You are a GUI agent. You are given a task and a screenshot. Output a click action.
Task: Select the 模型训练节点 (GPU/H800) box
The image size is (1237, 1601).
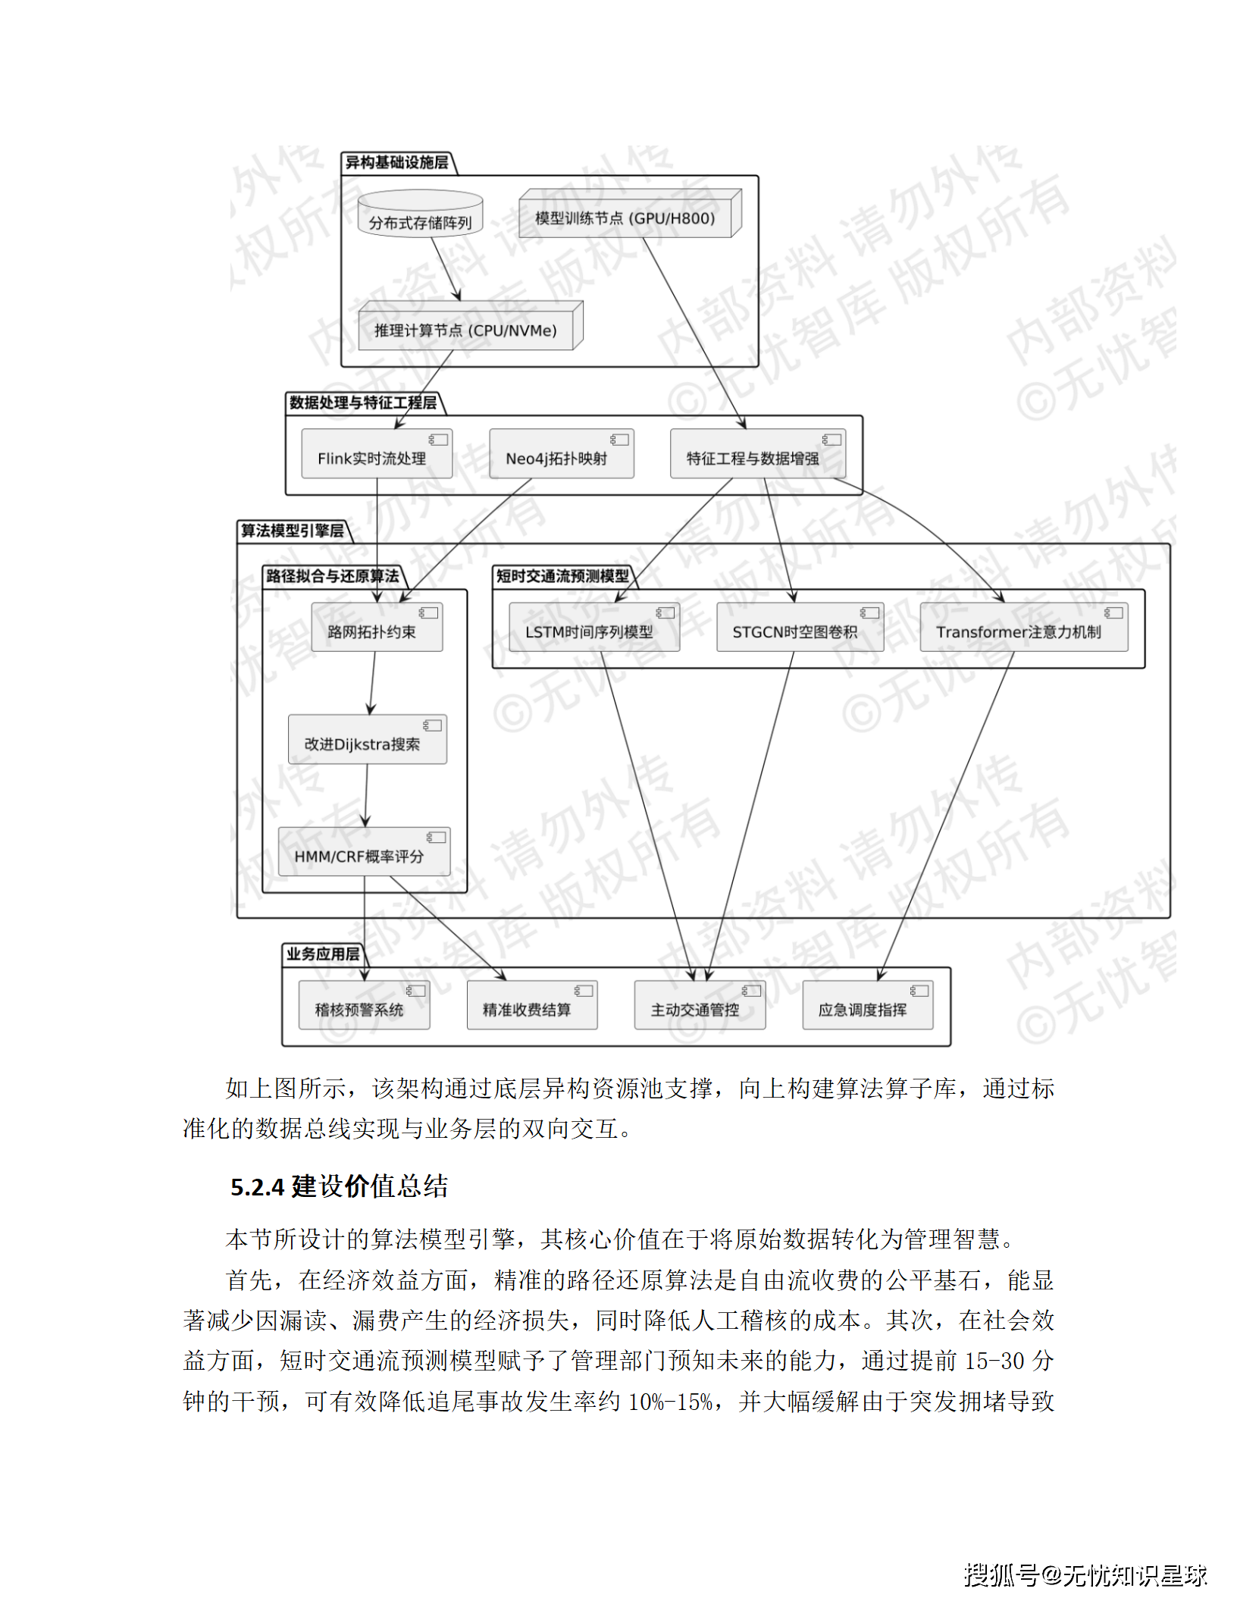pyautogui.click(x=626, y=218)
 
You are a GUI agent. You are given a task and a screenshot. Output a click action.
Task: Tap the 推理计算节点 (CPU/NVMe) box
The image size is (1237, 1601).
pyautogui.click(x=466, y=330)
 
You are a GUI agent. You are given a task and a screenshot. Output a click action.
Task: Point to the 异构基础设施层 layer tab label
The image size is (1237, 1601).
pyautogui.click(x=396, y=162)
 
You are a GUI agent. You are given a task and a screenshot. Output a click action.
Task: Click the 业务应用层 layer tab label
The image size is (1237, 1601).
pyautogui.click(x=322, y=954)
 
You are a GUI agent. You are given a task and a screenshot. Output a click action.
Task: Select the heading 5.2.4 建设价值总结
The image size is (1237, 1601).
pyautogui.click(x=339, y=1186)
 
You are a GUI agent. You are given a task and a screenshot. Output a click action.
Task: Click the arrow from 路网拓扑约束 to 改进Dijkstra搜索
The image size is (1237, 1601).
pyautogui.click(x=372, y=683)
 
